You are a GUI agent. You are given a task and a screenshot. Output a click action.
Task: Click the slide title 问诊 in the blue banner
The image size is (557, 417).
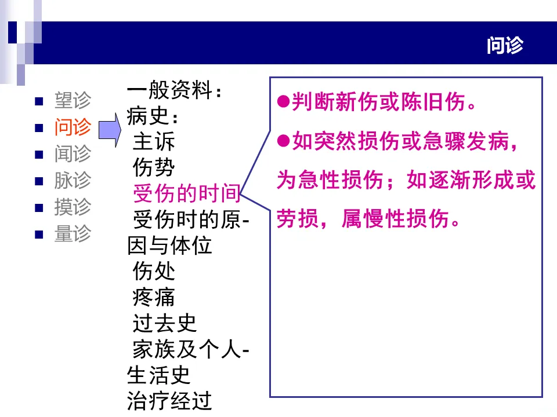click(505, 46)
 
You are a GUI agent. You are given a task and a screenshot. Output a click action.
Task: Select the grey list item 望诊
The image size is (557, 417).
click(73, 101)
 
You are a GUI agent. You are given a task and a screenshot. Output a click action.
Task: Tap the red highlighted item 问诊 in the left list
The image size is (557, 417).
click(73, 127)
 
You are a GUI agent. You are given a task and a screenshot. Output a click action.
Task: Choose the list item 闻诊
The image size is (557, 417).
click(73, 154)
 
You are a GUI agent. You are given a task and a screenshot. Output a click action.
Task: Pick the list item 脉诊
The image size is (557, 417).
click(73, 181)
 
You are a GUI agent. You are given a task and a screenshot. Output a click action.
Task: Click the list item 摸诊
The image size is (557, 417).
click(73, 207)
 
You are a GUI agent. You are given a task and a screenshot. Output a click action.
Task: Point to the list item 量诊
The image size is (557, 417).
click(73, 234)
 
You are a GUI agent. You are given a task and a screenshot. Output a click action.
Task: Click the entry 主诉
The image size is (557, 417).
click(154, 142)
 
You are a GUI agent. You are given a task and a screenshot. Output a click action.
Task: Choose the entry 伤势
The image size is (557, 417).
click(154, 169)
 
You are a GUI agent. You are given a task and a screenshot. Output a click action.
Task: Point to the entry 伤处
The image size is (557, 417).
click(154, 270)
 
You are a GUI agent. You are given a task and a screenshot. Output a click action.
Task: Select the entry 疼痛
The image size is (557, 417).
click(154, 297)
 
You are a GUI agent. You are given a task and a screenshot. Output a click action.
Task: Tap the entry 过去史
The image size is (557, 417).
click(165, 323)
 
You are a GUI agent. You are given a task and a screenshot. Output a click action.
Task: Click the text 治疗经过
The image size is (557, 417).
click(169, 401)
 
